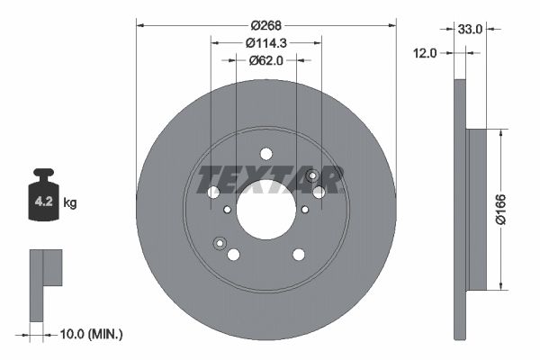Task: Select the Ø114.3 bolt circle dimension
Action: (x=265, y=43)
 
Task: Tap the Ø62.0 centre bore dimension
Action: (x=266, y=61)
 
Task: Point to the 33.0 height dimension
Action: (x=470, y=29)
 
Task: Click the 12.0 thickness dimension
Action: (x=425, y=53)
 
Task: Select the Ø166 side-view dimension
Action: (x=505, y=211)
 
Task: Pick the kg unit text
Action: (x=70, y=203)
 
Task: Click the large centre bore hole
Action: (x=266, y=210)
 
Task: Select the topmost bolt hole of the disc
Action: (x=265, y=154)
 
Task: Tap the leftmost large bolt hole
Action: (x=213, y=193)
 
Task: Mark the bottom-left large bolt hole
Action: (x=234, y=255)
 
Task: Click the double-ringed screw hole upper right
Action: (x=312, y=175)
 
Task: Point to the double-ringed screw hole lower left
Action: (x=219, y=243)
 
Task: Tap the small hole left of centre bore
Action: (x=227, y=210)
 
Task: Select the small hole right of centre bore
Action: (x=305, y=210)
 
